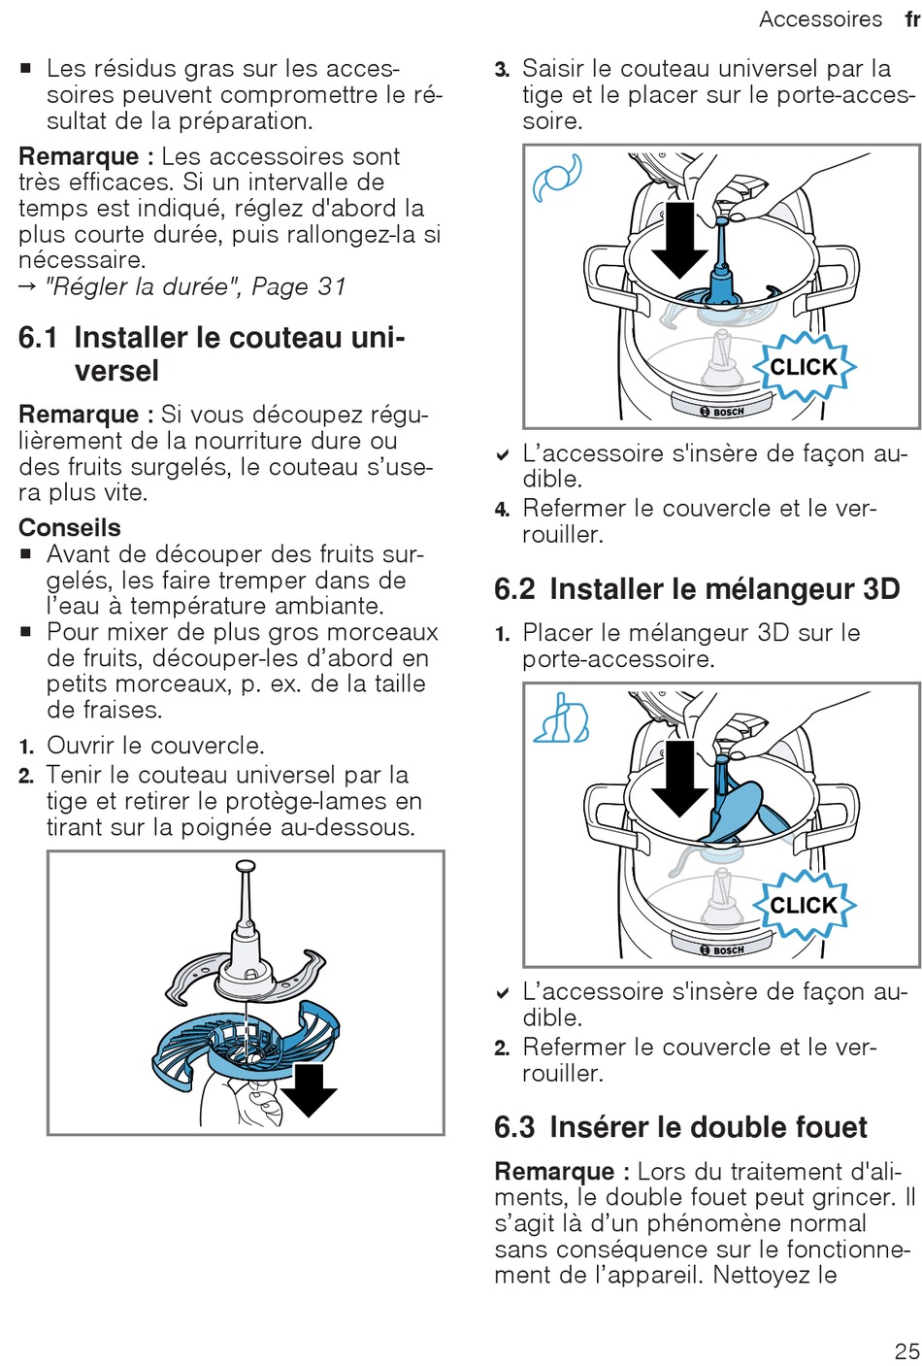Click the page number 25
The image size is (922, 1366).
tap(906, 1350)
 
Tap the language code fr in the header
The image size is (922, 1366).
tap(911, 19)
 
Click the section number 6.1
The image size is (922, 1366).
tap(38, 338)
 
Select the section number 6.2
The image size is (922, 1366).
tap(514, 589)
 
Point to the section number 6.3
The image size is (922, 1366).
tap(514, 1127)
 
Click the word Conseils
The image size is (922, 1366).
tap(70, 528)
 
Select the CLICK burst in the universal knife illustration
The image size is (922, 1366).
tap(804, 367)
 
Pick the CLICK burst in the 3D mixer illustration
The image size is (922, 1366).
tap(804, 905)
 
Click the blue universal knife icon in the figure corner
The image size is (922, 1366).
tap(557, 177)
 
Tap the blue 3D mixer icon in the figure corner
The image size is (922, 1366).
tap(561, 718)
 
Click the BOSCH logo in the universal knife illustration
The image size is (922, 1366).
tap(723, 412)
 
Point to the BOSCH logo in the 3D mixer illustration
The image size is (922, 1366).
tap(723, 950)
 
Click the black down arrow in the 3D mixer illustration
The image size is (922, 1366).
tap(679, 777)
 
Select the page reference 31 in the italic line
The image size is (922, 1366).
tap(331, 286)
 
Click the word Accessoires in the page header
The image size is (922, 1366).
tap(820, 19)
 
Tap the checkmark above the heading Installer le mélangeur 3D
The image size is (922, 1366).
tap(503, 454)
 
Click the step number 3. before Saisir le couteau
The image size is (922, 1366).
tap(502, 70)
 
